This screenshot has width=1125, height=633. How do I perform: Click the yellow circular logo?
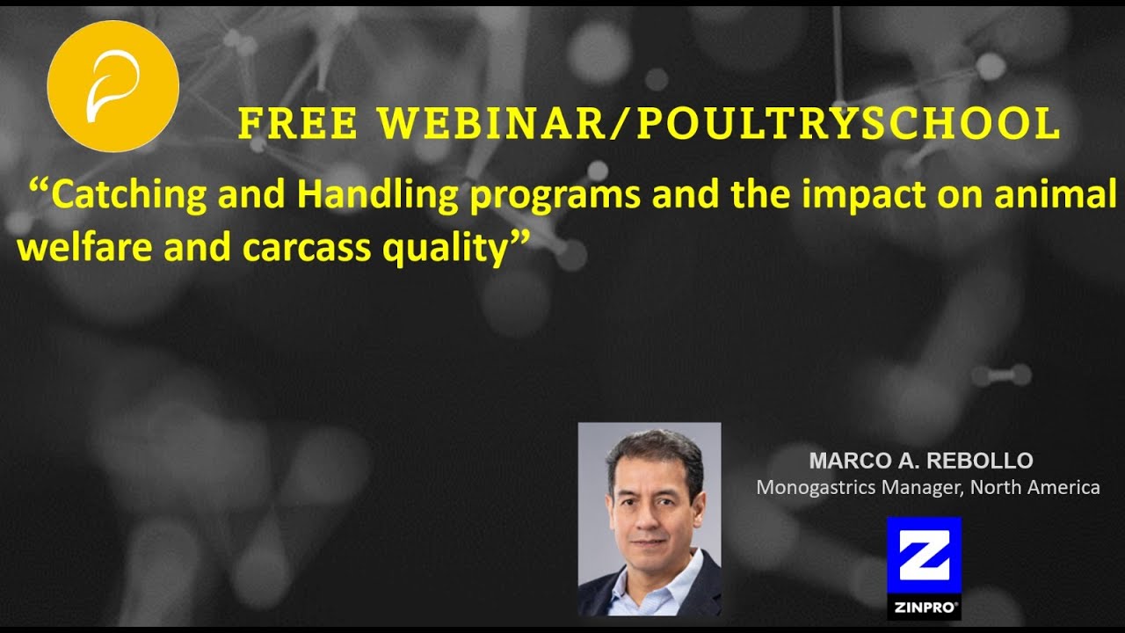click(113, 86)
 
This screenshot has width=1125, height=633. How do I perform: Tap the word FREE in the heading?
click(298, 123)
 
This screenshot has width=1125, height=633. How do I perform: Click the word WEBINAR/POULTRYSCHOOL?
click(719, 123)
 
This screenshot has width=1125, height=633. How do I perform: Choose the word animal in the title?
click(1056, 193)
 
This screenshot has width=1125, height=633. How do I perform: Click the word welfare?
click(84, 247)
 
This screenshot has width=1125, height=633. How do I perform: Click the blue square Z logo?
click(924, 555)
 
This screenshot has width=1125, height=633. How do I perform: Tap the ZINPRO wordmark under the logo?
click(924, 608)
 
